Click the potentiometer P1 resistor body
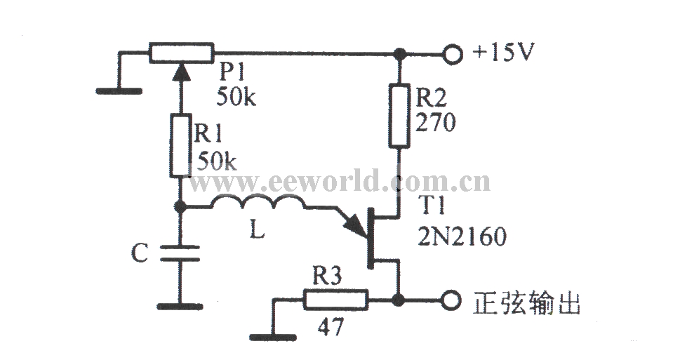tap(181, 53)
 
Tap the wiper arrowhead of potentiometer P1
tap(181, 72)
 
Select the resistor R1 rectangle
tap(180, 145)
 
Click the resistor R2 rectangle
tap(399, 115)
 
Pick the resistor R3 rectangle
tap(335, 300)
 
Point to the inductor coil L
tap(258, 203)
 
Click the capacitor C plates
tap(180, 254)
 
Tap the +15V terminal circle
tap(451, 54)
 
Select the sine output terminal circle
tap(451, 300)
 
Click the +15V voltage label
tap(503, 52)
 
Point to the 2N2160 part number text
tap(462, 236)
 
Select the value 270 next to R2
tap(435, 123)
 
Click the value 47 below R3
tap(331, 326)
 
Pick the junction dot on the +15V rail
tap(399, 54)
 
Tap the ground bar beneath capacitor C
tap(180, 307)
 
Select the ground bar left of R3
tap(273, 337)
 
